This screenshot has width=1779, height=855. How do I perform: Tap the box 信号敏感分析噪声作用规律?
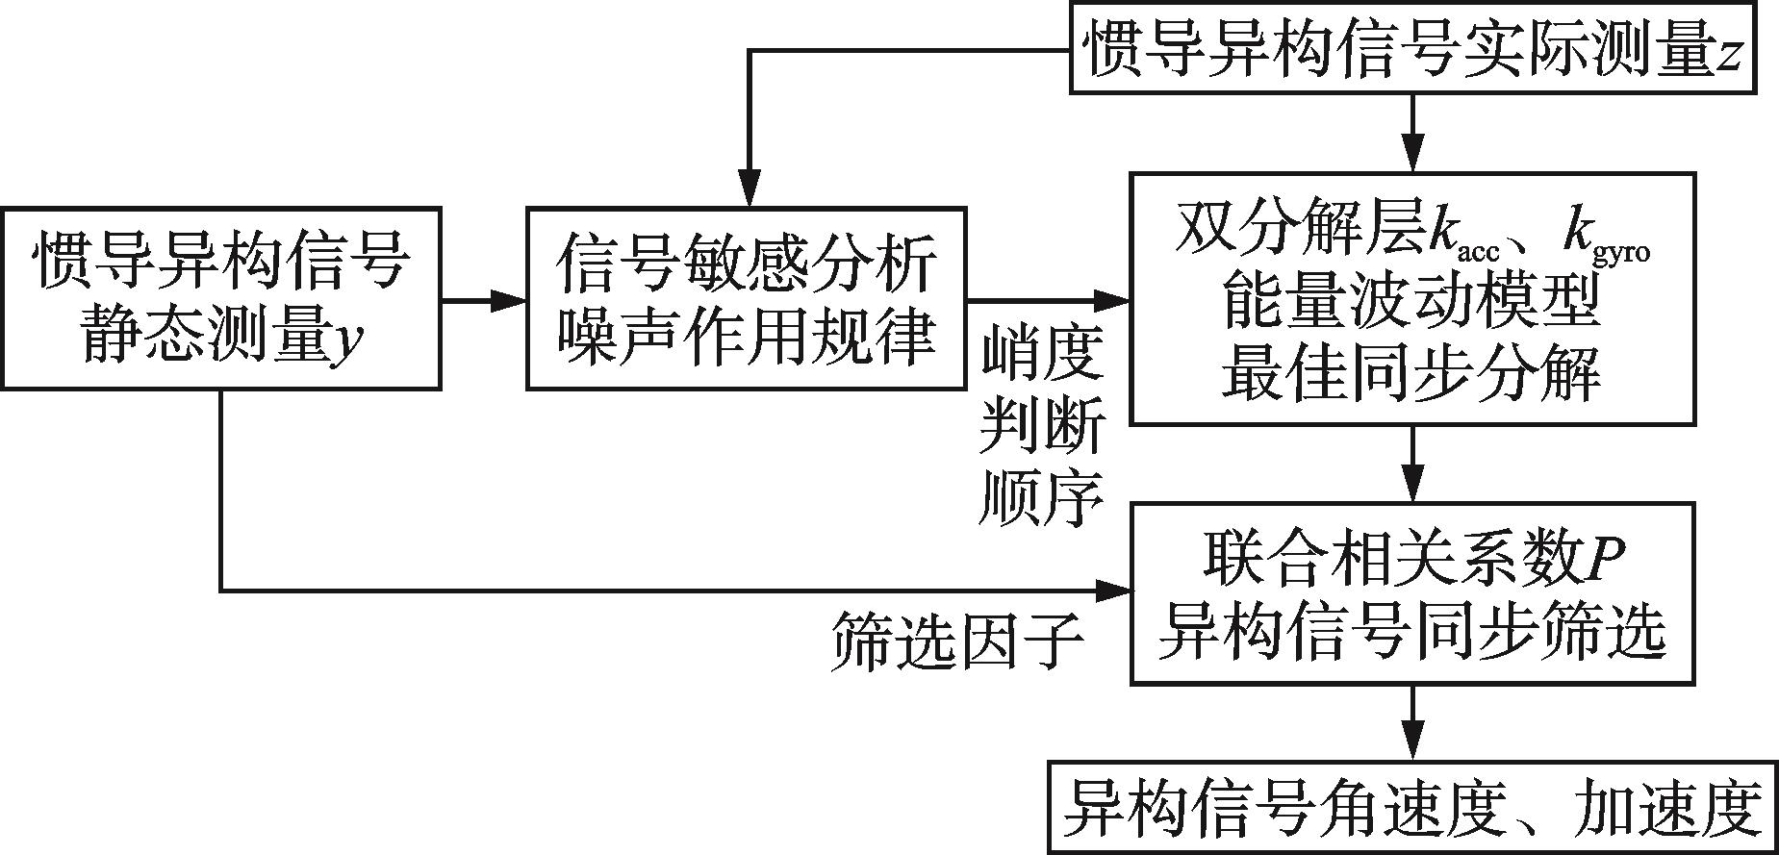click(746, 298)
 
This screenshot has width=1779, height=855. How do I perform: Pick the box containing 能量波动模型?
click(1411, 299)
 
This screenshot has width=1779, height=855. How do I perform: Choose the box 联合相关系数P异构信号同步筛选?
click(1411, 592)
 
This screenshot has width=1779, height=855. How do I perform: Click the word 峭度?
click(1042, 356)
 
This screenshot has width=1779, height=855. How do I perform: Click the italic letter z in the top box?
click(1730, 54)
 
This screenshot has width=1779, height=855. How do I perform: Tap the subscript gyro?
click(1621, 253)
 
